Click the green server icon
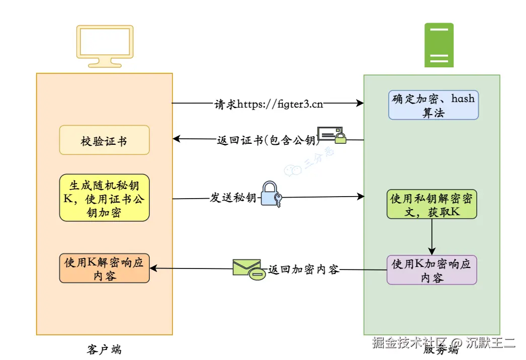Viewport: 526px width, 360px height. click(439, 45)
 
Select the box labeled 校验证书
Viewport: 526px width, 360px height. click(104, 140)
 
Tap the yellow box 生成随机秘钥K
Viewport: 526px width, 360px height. click(104, 198)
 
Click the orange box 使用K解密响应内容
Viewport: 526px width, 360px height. click(104, 268)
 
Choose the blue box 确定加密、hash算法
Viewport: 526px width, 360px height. click(433, 105)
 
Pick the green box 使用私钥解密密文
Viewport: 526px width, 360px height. click(431, 205)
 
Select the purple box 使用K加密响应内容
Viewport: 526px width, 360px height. click(431, 271)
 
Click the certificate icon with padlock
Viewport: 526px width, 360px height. click(332, 135)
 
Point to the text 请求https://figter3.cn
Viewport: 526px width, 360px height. click(269, 104)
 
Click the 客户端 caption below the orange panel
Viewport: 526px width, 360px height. click(104, 349)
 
